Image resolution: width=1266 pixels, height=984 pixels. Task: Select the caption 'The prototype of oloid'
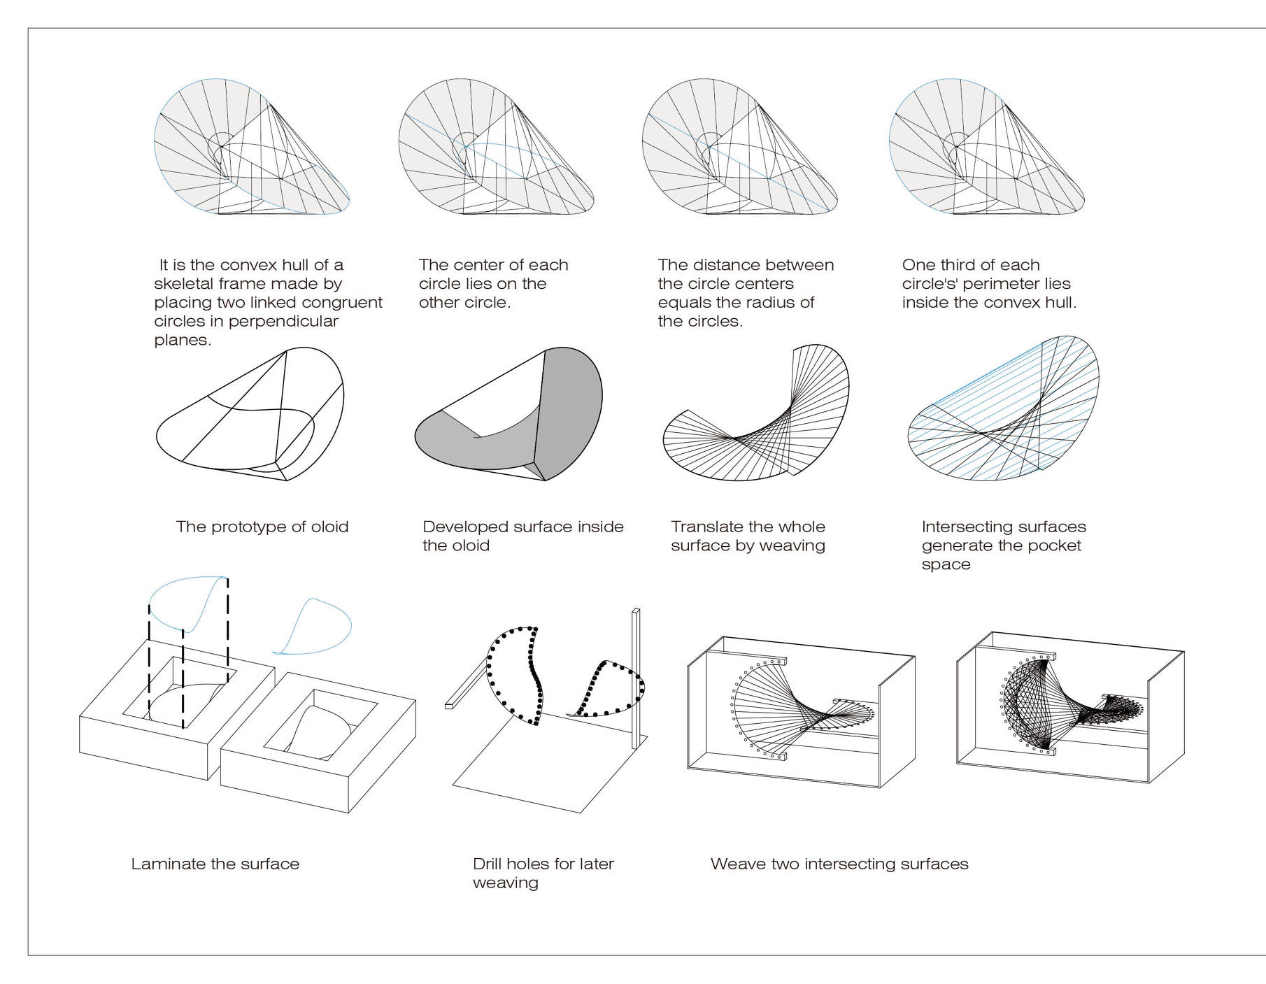[262, 527]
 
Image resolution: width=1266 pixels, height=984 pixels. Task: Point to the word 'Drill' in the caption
[487, 864]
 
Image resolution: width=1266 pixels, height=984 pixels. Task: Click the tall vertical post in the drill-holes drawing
[635, 678]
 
